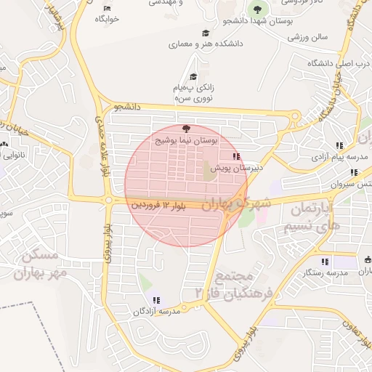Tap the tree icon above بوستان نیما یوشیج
187,129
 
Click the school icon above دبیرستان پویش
235,156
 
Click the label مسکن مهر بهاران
44,264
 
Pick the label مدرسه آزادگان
155,311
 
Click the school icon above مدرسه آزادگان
156,300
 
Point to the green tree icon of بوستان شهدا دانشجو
256,9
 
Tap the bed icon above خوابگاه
108,8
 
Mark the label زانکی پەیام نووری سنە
193,92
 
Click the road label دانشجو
127,107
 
